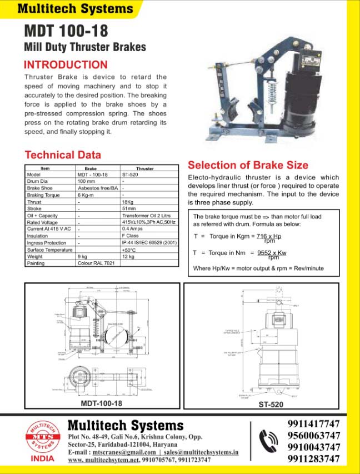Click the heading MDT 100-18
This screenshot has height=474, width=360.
click(x=66, y=30)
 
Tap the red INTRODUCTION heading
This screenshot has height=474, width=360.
click(x=66, y=64)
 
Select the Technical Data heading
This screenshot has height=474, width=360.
click(x=63, y=155)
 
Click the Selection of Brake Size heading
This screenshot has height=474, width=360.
click(x=248, y=165)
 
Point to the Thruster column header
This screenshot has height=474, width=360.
click(x=145, y=168)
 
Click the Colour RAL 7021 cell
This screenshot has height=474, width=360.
click(x=96, y=263)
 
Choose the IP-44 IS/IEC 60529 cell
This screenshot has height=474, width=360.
click(x=149, y=243)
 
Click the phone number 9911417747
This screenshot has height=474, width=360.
click(x=314, y=423)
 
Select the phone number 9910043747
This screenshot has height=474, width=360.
click(x=314, y=447)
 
